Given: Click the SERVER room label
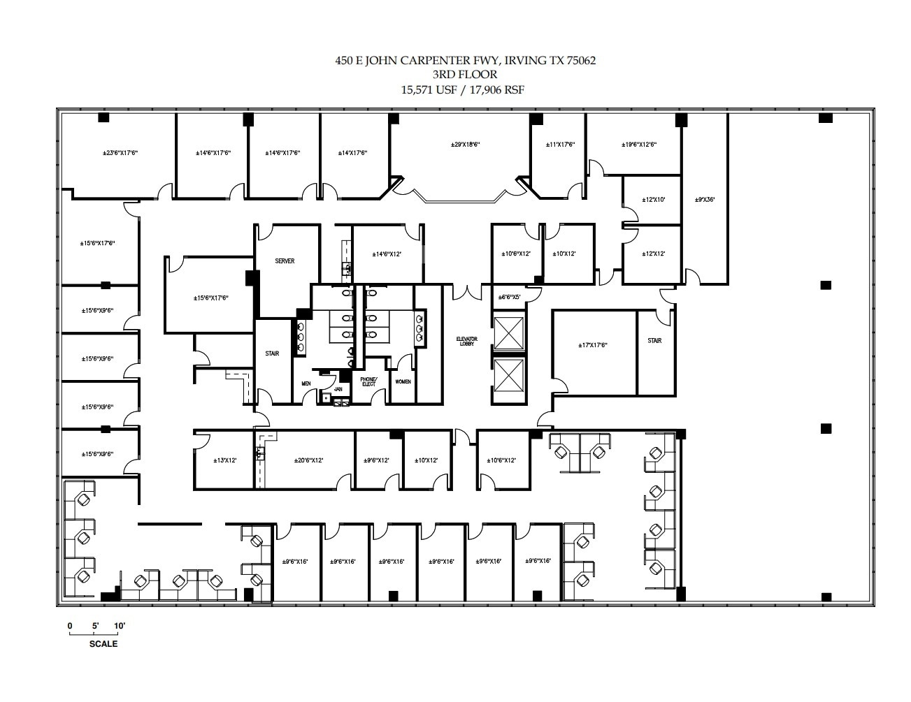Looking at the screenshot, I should tap(285, 261).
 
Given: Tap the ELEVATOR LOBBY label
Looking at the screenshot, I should tap(468, 341).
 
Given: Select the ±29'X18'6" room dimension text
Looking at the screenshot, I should tap(465, 145).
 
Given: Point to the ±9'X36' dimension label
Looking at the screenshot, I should tap(705, 200).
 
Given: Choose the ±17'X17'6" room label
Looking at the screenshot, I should tap(593, 345).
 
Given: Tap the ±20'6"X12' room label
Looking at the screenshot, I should tap(308, 460).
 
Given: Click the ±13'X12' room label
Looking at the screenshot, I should tap(224, 460).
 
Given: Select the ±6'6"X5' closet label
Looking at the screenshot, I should tap(508, 297).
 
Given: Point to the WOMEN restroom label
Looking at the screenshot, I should tap(403, 381).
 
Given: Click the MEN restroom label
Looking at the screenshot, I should tap(306, 383).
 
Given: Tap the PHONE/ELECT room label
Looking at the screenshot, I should tap(368, 381).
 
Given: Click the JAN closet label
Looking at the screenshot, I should tap(338, 389).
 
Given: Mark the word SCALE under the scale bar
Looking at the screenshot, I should tap(103, 644).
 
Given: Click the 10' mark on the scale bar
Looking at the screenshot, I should tap(119, 626).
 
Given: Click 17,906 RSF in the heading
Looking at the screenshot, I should tap(498, 89).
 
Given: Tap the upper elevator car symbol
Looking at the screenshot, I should tap(508, 333).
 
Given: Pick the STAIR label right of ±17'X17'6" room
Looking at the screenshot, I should tap(654, 341).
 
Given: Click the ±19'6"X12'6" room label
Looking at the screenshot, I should tap(639, 145).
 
